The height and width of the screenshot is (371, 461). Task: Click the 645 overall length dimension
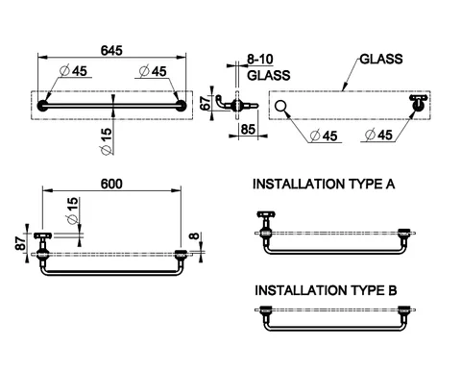click(x=111, y=51)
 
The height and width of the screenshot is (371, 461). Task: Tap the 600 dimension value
click(x=111, y=184)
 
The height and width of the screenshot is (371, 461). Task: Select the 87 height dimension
click(x=21, y=243)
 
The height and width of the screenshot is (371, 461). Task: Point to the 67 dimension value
click(x=206, y=103)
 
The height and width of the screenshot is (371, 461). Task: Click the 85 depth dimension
click(x=248, y=130)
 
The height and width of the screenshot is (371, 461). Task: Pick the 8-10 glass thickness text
click(x=260, y=60)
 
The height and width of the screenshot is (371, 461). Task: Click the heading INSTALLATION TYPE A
click(x=324, y=185)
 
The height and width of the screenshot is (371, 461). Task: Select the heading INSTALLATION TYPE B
click(x=326, y=290)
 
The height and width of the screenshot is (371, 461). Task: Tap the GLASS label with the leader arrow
click(x=381, y=59)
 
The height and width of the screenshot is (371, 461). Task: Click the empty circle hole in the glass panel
click(x=280, y=106)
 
